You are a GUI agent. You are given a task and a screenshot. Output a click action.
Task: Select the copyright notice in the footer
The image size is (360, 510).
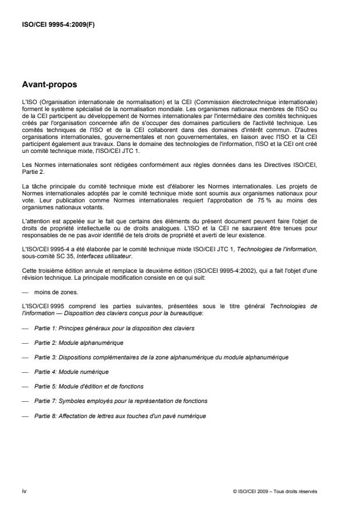pos(274,492)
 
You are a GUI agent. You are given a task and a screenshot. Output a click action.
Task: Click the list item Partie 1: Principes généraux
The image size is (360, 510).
pos(114,329)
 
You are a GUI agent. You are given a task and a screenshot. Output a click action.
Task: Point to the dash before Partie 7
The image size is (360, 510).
pos(25,401)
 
